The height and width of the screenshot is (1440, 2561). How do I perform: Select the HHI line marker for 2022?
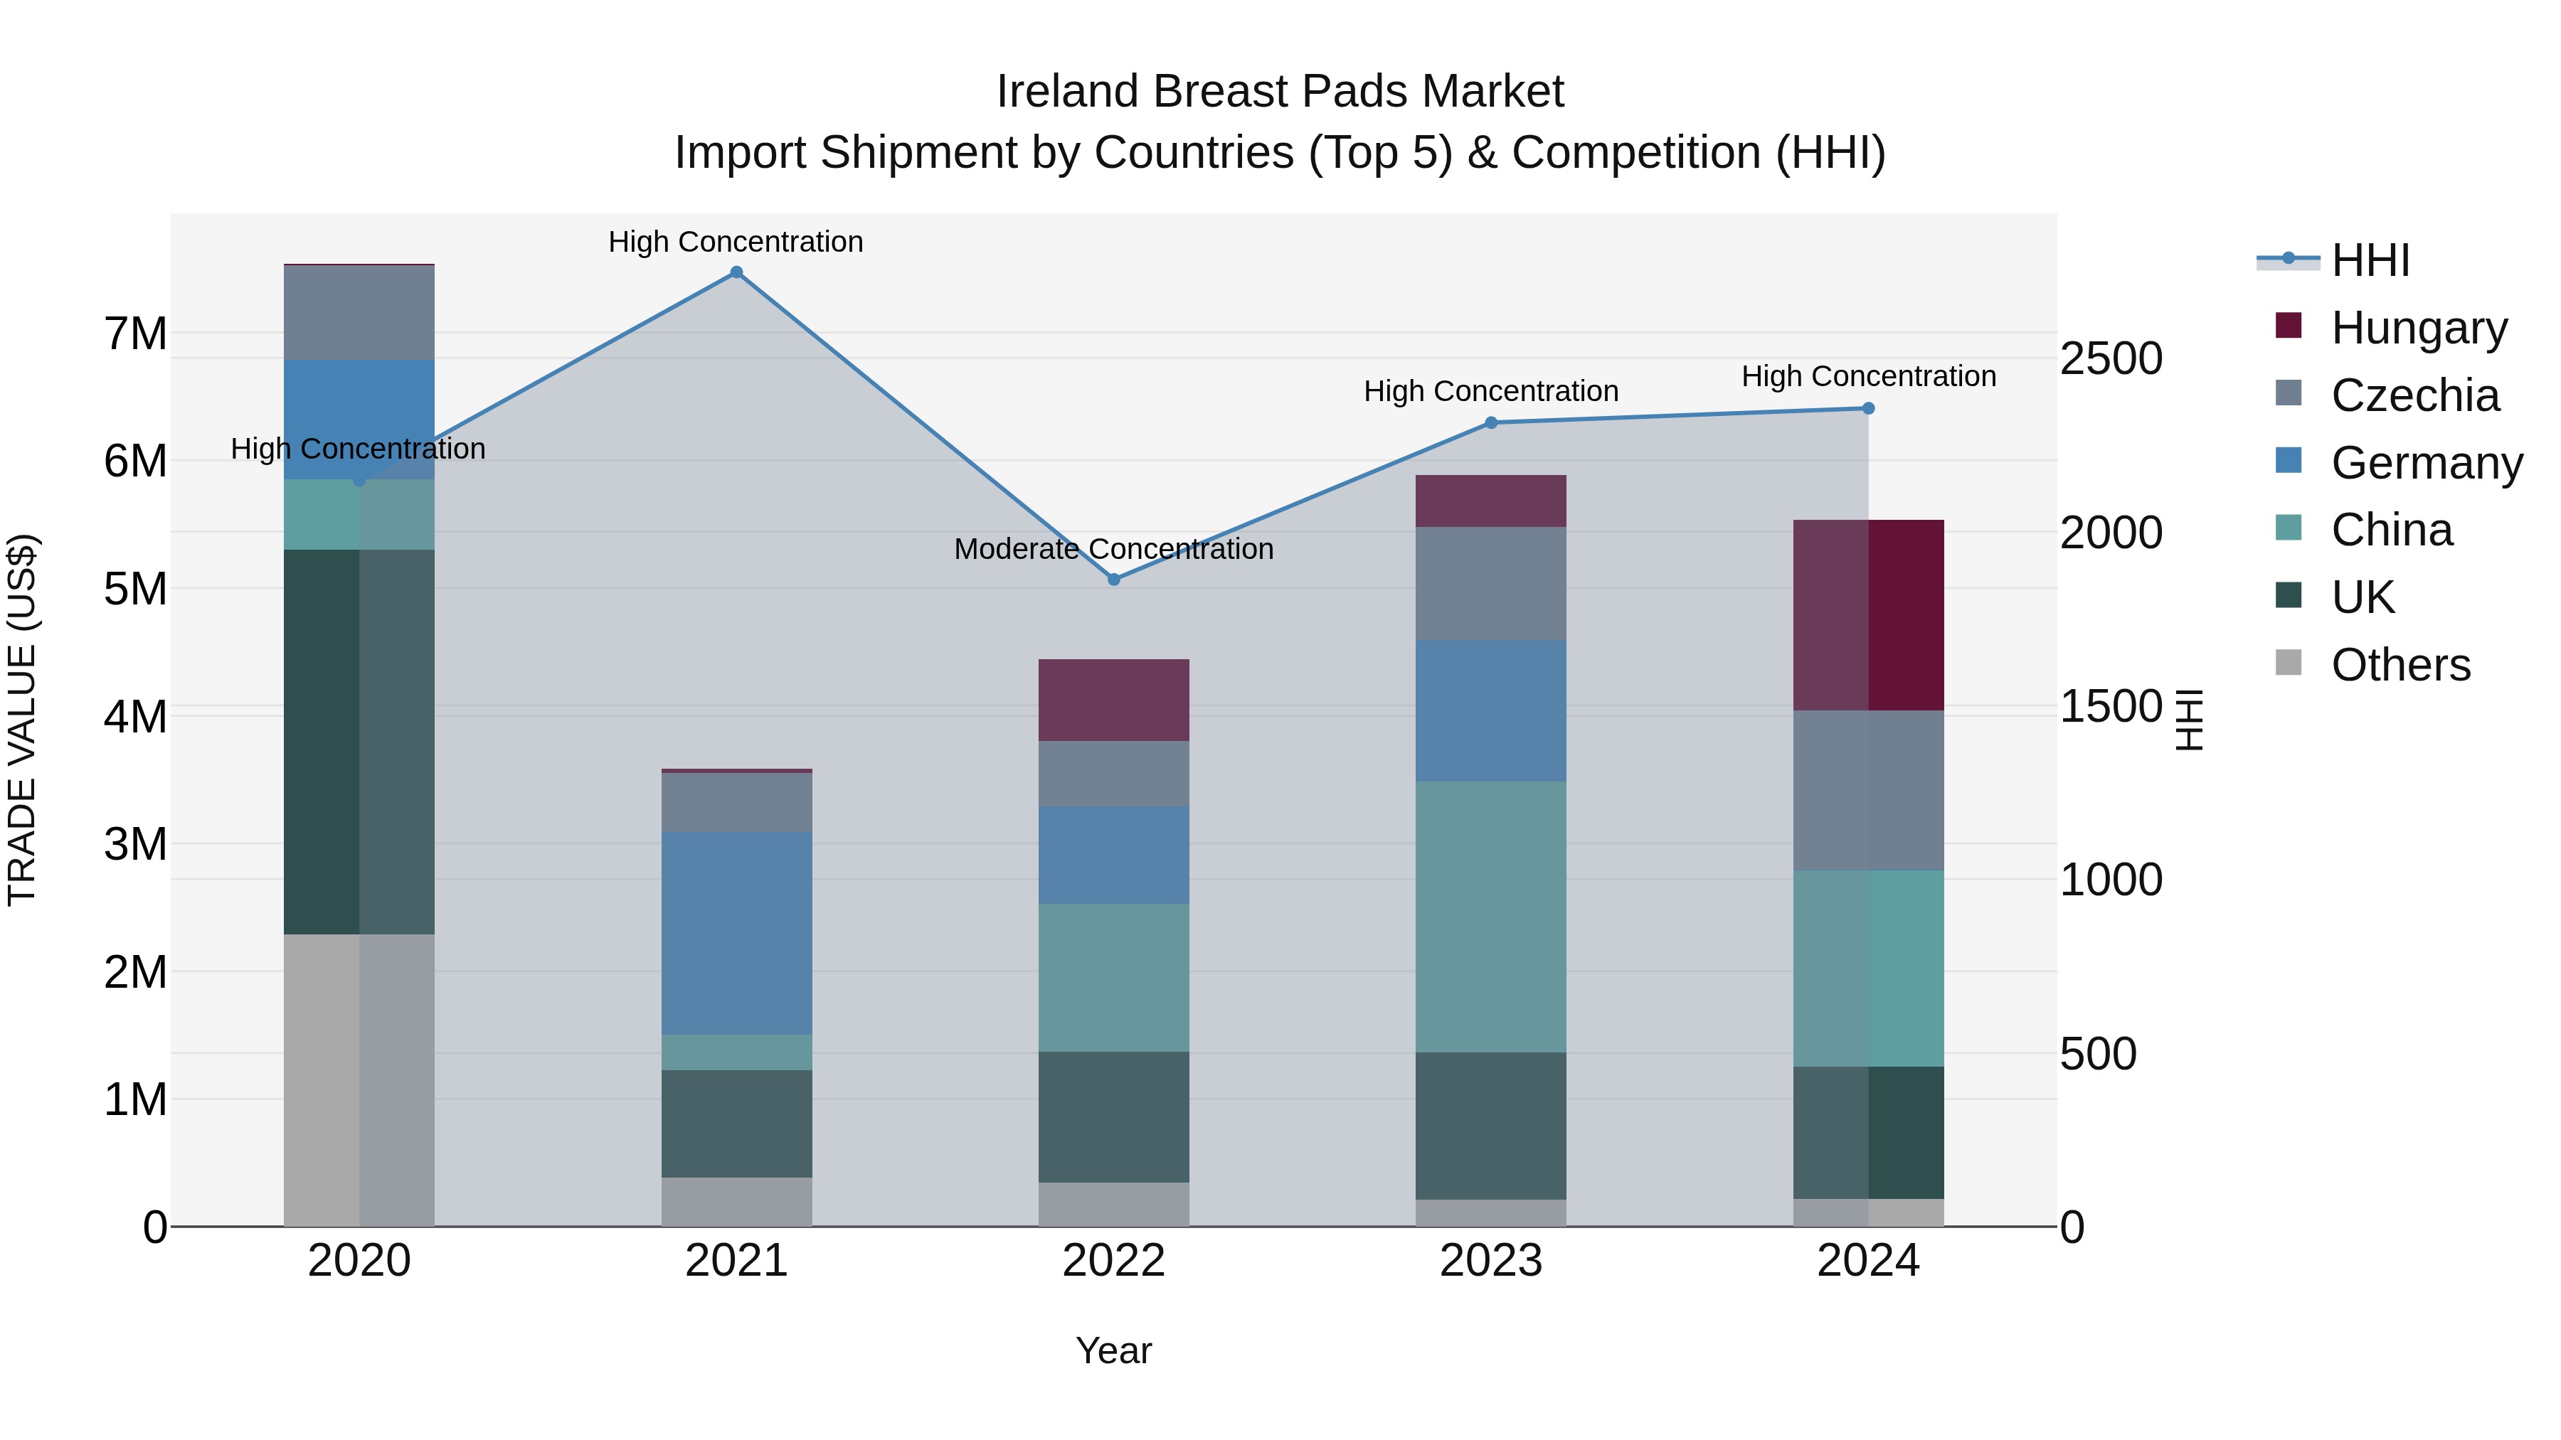tap(1113, 580)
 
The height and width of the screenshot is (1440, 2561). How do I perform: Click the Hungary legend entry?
tap(2418, 328)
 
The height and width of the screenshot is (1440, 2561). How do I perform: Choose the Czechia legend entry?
tap(2414, 395)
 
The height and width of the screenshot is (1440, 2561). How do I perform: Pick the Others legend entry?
tap(2400, 665)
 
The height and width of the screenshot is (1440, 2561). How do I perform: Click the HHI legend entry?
tap(2370, 260)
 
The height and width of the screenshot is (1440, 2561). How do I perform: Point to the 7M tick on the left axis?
tap(135, 334)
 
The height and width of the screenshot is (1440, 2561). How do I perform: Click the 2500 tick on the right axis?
tap(2110, 359)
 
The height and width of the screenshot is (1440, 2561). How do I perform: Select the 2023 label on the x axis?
tap(1490, 1261)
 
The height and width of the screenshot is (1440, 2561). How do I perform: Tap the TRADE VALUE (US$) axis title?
tap(22, 720)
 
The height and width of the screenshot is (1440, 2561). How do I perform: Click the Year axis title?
tap(1113, 1350)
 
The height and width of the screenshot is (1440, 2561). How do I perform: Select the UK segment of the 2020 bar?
tap(359, 742)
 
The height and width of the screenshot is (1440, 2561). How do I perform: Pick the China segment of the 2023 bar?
tap(1490, 917)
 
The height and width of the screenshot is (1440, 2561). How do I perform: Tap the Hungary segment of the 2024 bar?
tap(1868, 615)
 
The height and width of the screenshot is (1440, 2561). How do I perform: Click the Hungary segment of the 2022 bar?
tap(1113, 700)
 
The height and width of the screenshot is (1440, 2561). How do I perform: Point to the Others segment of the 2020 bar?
tap(359, 1080)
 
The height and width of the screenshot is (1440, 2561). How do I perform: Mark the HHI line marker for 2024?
tap(1868, 408)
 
